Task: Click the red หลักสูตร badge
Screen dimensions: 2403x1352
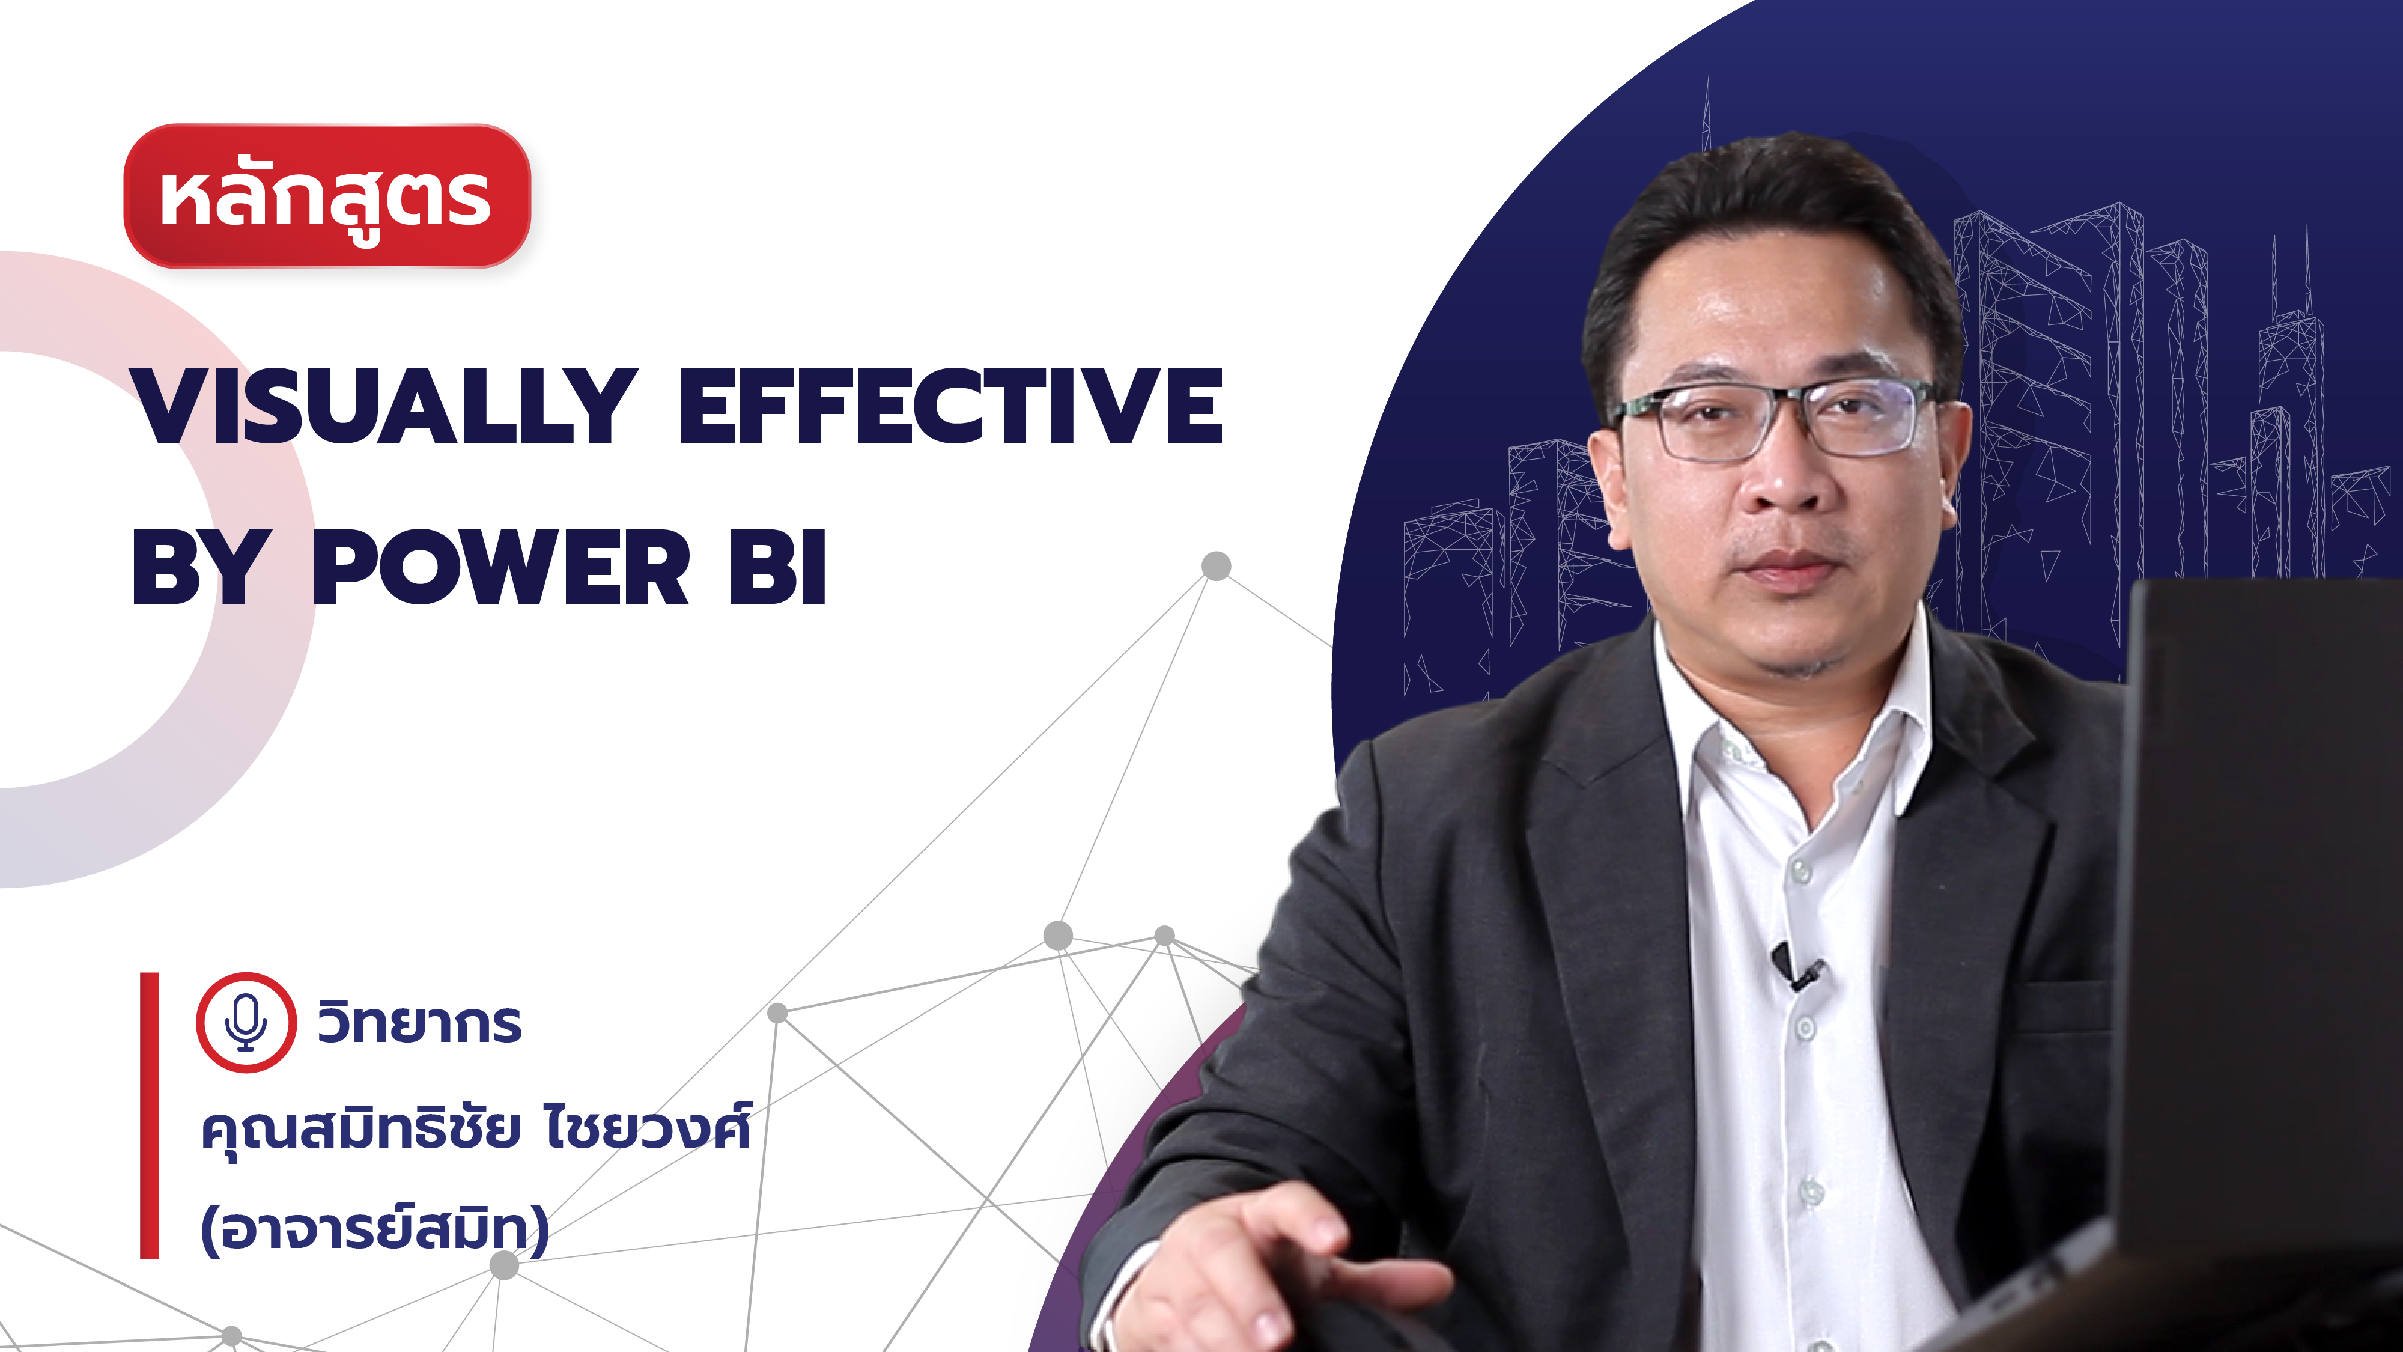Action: click(326, 196)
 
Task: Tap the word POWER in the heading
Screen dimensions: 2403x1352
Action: click(501, 567)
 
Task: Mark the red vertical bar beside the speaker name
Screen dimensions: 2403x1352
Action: click(149, 1116)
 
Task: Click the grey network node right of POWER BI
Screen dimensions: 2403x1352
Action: click(1215, 565)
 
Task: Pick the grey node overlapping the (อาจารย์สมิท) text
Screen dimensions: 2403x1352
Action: click(504, 1265)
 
